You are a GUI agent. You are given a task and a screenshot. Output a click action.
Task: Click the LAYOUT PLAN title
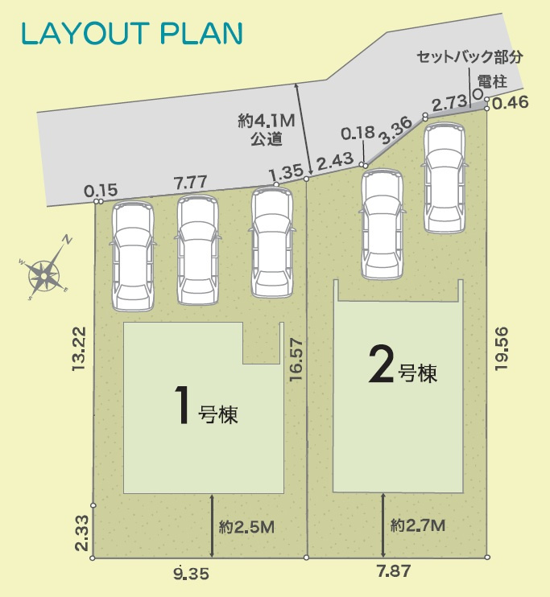(x=131, y=33)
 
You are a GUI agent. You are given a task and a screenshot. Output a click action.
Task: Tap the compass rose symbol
(x=45, y=274)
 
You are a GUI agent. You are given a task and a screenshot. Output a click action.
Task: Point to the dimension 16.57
(x=296, y=361)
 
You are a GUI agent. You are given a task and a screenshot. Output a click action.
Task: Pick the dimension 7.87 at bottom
(x=393, y=573)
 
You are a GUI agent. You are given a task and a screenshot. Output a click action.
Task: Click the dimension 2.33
(x=79, y=533)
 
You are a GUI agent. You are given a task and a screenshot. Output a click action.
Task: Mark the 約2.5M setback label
(x=246, y=527)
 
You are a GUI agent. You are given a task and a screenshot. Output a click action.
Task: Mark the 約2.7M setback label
(x=417, y=525)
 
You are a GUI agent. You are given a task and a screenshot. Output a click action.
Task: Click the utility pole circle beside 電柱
(x=478, y=94)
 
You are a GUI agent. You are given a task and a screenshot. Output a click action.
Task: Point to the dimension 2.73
(x=449, y=102)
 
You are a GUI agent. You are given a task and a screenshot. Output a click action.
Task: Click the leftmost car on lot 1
(x=133, y=256)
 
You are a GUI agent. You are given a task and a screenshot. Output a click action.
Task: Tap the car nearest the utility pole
(x=445, y=178)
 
